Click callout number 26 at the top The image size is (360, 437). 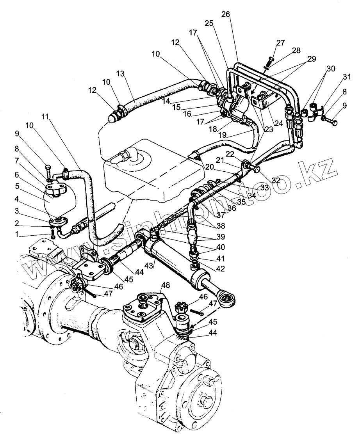pos(225,14)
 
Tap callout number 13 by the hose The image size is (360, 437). pos(120,74)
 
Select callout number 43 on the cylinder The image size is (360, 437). pos(149,265)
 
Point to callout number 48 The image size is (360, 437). pos(166,285)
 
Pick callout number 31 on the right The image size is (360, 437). pos(347,76)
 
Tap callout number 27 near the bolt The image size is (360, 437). pos(280,43)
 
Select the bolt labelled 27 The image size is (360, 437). pos(271,60)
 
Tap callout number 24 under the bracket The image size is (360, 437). pos(278,123)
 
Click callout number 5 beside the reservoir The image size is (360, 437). pos(17,186)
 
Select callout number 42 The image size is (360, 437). pos(220,269)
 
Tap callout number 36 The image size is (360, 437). pos(231,208)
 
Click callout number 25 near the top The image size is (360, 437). pos(209,24)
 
